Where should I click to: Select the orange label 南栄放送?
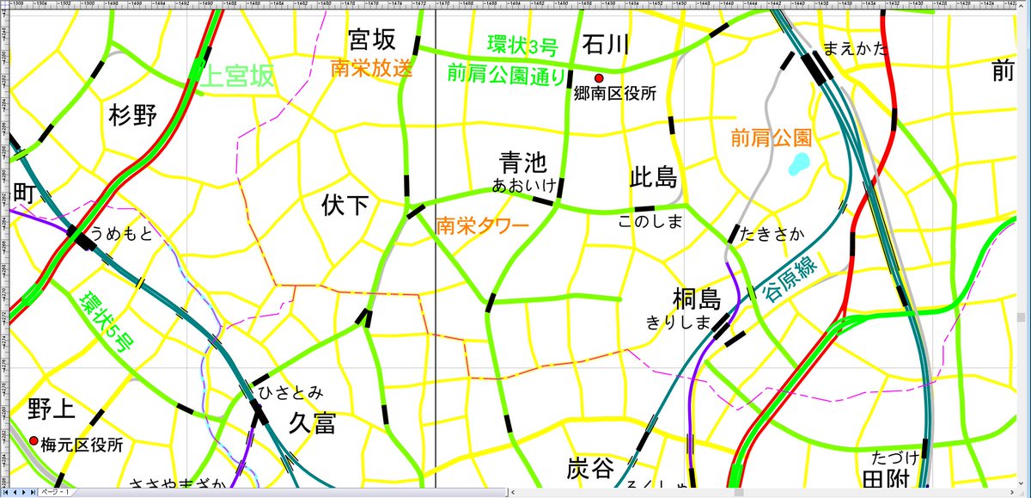pos(371,69)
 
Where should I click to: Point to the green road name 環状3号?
pos(522,44)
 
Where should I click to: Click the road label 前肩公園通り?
pos(506,75)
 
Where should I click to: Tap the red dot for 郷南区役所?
pos(599,78)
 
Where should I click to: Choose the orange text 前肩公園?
pos(771,137)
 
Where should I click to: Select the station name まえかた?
pos(853,49)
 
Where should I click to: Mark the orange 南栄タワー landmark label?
pos(481,226)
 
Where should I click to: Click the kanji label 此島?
pos(654,178)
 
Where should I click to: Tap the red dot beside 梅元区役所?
pos(34,441)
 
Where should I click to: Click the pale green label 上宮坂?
pos(238,77)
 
